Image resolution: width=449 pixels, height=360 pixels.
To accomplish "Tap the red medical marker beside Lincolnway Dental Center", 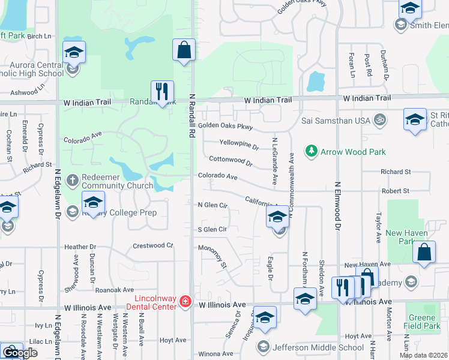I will click(x=185, y=301).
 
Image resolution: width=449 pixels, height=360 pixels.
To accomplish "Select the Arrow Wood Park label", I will click(x=353, y=152).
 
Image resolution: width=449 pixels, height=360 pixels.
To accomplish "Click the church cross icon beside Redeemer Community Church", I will click(x=72, y=180).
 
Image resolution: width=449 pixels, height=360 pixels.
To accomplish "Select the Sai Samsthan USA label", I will click(x=336, y=120).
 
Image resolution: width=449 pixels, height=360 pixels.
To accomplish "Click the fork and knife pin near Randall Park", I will click(x=162, y=92).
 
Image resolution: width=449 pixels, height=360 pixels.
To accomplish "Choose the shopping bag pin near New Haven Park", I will click(x=424, y=253).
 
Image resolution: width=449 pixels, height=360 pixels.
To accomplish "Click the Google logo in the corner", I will click(x=20, y=352).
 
